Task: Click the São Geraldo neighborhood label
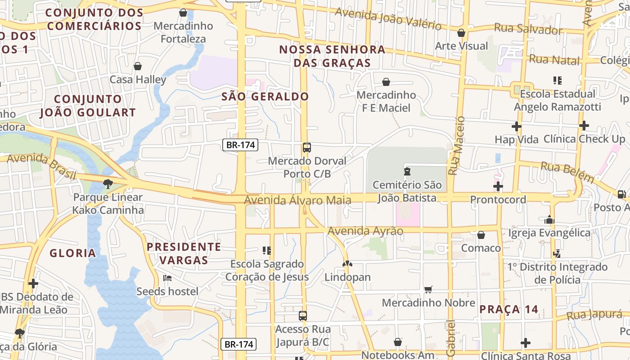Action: (x=265, y=96)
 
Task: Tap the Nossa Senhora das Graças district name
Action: (x=332, y=56)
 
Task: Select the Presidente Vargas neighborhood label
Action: (x=184, y=253)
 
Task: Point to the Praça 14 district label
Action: (x=508, y=309)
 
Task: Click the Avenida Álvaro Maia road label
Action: (x=297, y=200)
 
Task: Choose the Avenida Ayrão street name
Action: (x=365, y=231)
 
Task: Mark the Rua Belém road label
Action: (x=567, y=172)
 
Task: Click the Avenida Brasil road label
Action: (x=41, y=165)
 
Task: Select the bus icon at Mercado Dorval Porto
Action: (x=307, y=148)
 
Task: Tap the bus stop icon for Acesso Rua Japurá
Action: (x=303, y=316)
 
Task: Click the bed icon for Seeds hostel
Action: (x=167, y=278)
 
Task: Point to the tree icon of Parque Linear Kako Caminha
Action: (x=108, y=184)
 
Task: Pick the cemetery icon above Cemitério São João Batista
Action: (x=407, y=171)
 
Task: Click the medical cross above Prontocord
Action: (x=498, y=186)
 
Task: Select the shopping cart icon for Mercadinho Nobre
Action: (x=428, y=289)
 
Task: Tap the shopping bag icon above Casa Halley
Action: (x=138, y=67)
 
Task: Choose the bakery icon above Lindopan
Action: (x=347, y=264)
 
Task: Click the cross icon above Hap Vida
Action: (x=517, y=126)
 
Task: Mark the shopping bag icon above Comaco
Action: (x=481, y=235)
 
